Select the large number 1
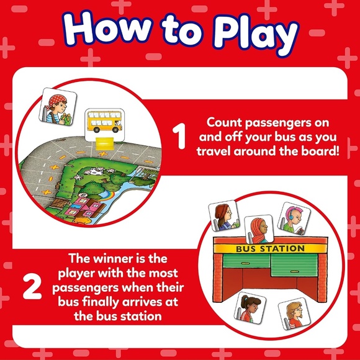(180, 137)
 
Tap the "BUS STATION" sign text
(270, 249)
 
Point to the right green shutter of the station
(297, 266)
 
